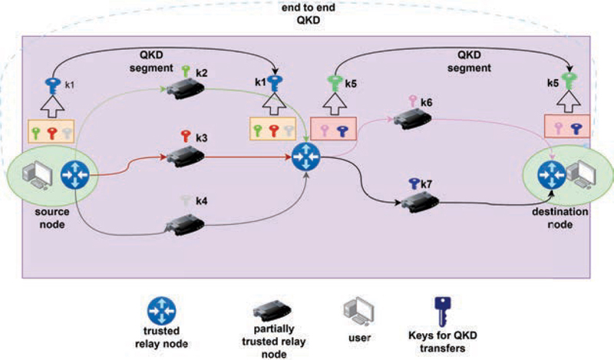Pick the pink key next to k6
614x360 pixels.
tap(414, 101)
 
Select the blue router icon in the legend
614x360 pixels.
tap(162, 312)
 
